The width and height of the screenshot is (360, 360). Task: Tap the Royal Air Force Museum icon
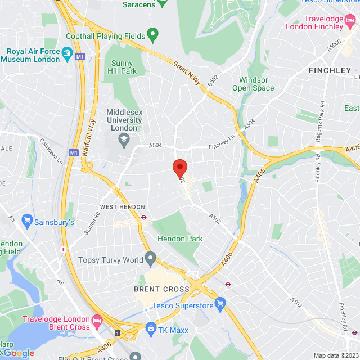pyautogui.click(x=68, y=54)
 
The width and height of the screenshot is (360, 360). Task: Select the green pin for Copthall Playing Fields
pyautogui.click(x=152, y=35)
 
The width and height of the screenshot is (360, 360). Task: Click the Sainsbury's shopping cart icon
pyautogui.click(x=26, y=219)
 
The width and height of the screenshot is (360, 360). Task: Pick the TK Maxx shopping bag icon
pyautogui.click(x=150, y=327)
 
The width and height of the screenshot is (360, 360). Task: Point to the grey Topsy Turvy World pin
pyautogui.click(x=150, y=259)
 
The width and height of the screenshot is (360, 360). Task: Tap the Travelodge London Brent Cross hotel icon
pyautogui.click(x=97, y=321)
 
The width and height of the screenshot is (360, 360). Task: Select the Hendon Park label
pyautogui.click(x=180, y=238)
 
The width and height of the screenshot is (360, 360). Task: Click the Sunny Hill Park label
pyautogui.click(x=122, y=67)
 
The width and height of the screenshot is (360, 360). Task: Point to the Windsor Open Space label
pyautogui.click(x=253, y=84)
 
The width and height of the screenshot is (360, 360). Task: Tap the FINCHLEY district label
pyautogui.click(x=330, y=70)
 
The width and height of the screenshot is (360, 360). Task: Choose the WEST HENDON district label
pyautogui.click(x=123, y=208)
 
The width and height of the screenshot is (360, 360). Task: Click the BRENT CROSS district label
pyautogui.click(x=161, y=289)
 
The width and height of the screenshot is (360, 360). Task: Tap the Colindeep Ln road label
pyautogui.click(x=52, y=151)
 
